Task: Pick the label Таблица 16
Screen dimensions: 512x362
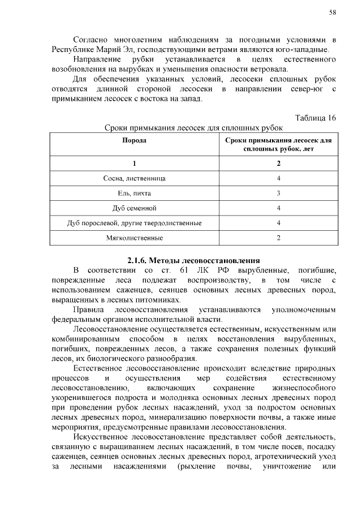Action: point(316,118)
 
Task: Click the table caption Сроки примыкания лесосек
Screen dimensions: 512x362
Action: point(193,128)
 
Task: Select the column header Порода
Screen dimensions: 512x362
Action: point(135,139)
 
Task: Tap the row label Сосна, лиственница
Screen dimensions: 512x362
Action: point(135,178)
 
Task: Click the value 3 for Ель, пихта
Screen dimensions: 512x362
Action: point(278,193)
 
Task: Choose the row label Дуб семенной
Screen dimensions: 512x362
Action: point(135,208)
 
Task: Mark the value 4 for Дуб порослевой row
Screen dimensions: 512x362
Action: point(278,222)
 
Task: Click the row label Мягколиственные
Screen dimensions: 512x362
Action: point(135,237)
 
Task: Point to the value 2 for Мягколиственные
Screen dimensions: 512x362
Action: point(278,237)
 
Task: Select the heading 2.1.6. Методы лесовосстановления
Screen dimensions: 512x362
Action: point(193,261)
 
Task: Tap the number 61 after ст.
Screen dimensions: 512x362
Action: point(183,270)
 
